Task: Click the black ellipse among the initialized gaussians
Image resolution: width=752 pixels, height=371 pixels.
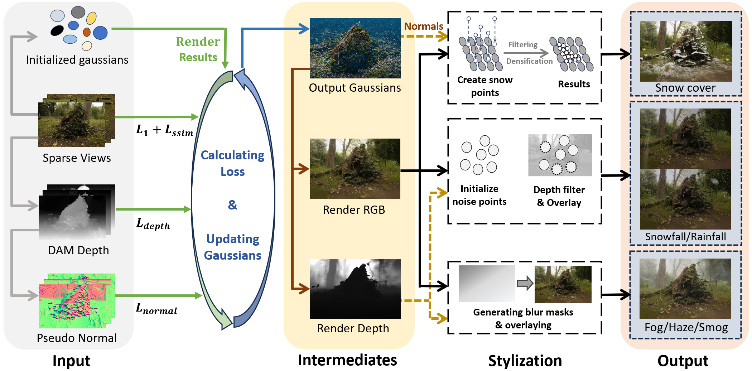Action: coord(57,30)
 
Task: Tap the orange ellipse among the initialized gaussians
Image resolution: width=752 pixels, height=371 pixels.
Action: coord(87,32)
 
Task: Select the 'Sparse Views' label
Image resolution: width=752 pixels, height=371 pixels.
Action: coord(77,158)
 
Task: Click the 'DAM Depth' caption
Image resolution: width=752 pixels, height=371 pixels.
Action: coord(78,250)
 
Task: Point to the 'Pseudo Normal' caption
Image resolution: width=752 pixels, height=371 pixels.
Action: coord(77,338)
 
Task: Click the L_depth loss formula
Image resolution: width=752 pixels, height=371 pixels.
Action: coord(153,224)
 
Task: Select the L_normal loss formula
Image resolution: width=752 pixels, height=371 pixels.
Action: coord(156,308)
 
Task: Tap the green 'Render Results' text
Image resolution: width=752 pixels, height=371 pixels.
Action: coord(198,49)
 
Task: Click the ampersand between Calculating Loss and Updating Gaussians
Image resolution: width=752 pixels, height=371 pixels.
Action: coord(233,205)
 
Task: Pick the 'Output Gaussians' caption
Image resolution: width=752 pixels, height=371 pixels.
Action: coord(355,88)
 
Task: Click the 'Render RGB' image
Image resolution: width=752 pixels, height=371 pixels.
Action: coord(355,168)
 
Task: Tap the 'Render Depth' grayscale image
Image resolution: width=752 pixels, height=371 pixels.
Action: coord(355,289)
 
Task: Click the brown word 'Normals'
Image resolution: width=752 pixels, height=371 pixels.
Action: coord(424,26)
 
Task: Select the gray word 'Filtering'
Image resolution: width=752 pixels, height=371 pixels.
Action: coord(523,45)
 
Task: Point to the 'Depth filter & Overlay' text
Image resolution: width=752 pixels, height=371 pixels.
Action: coord(559,196)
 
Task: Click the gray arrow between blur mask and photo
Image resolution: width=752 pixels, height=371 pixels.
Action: coord(525,283)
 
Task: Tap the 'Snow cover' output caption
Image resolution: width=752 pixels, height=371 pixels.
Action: coord(685,88)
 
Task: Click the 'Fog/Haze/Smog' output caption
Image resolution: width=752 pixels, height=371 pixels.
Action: coord(686,327)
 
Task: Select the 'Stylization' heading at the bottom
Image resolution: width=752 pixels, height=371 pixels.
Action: coord(525,361)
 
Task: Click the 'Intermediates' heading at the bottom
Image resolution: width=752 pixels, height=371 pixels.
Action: coord(347,360)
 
